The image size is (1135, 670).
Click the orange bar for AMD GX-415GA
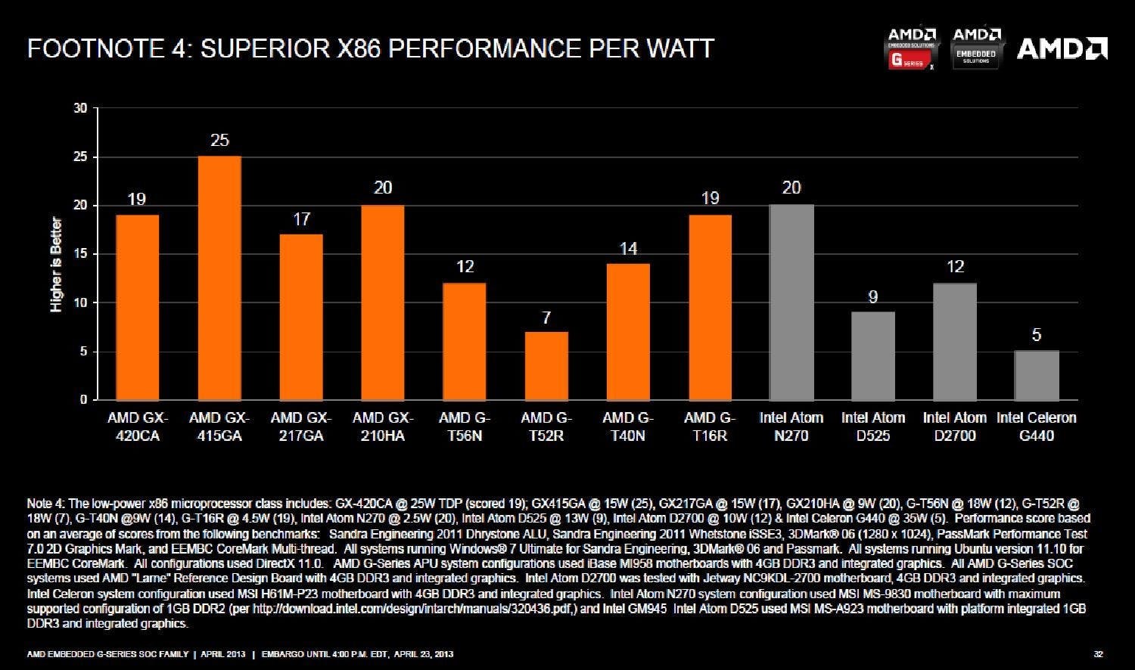coord(219,278)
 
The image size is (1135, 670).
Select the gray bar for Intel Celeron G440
coord(1037,375)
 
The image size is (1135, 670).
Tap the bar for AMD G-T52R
coord(546,365)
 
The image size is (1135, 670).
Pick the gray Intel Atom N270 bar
coord(791,302)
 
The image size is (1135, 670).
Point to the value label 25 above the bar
coord(219,141)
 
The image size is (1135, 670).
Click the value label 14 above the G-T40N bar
coord(628,249)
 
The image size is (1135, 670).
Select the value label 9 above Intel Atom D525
coord(873,297)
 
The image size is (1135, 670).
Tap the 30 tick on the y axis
coord(80,108)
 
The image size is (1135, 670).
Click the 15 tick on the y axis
coord(80,254)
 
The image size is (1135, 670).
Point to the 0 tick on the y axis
coord(83,400)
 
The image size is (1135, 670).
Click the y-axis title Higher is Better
coord(56,265)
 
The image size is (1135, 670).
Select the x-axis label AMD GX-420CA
coord(138,427)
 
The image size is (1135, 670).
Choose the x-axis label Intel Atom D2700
coord(955,427)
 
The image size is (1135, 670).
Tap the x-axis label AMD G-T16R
coord(710,427)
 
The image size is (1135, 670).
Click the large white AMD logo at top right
coord(1062,49)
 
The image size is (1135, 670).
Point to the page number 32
coord(1099,654)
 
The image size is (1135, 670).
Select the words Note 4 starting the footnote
coord(46,503)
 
